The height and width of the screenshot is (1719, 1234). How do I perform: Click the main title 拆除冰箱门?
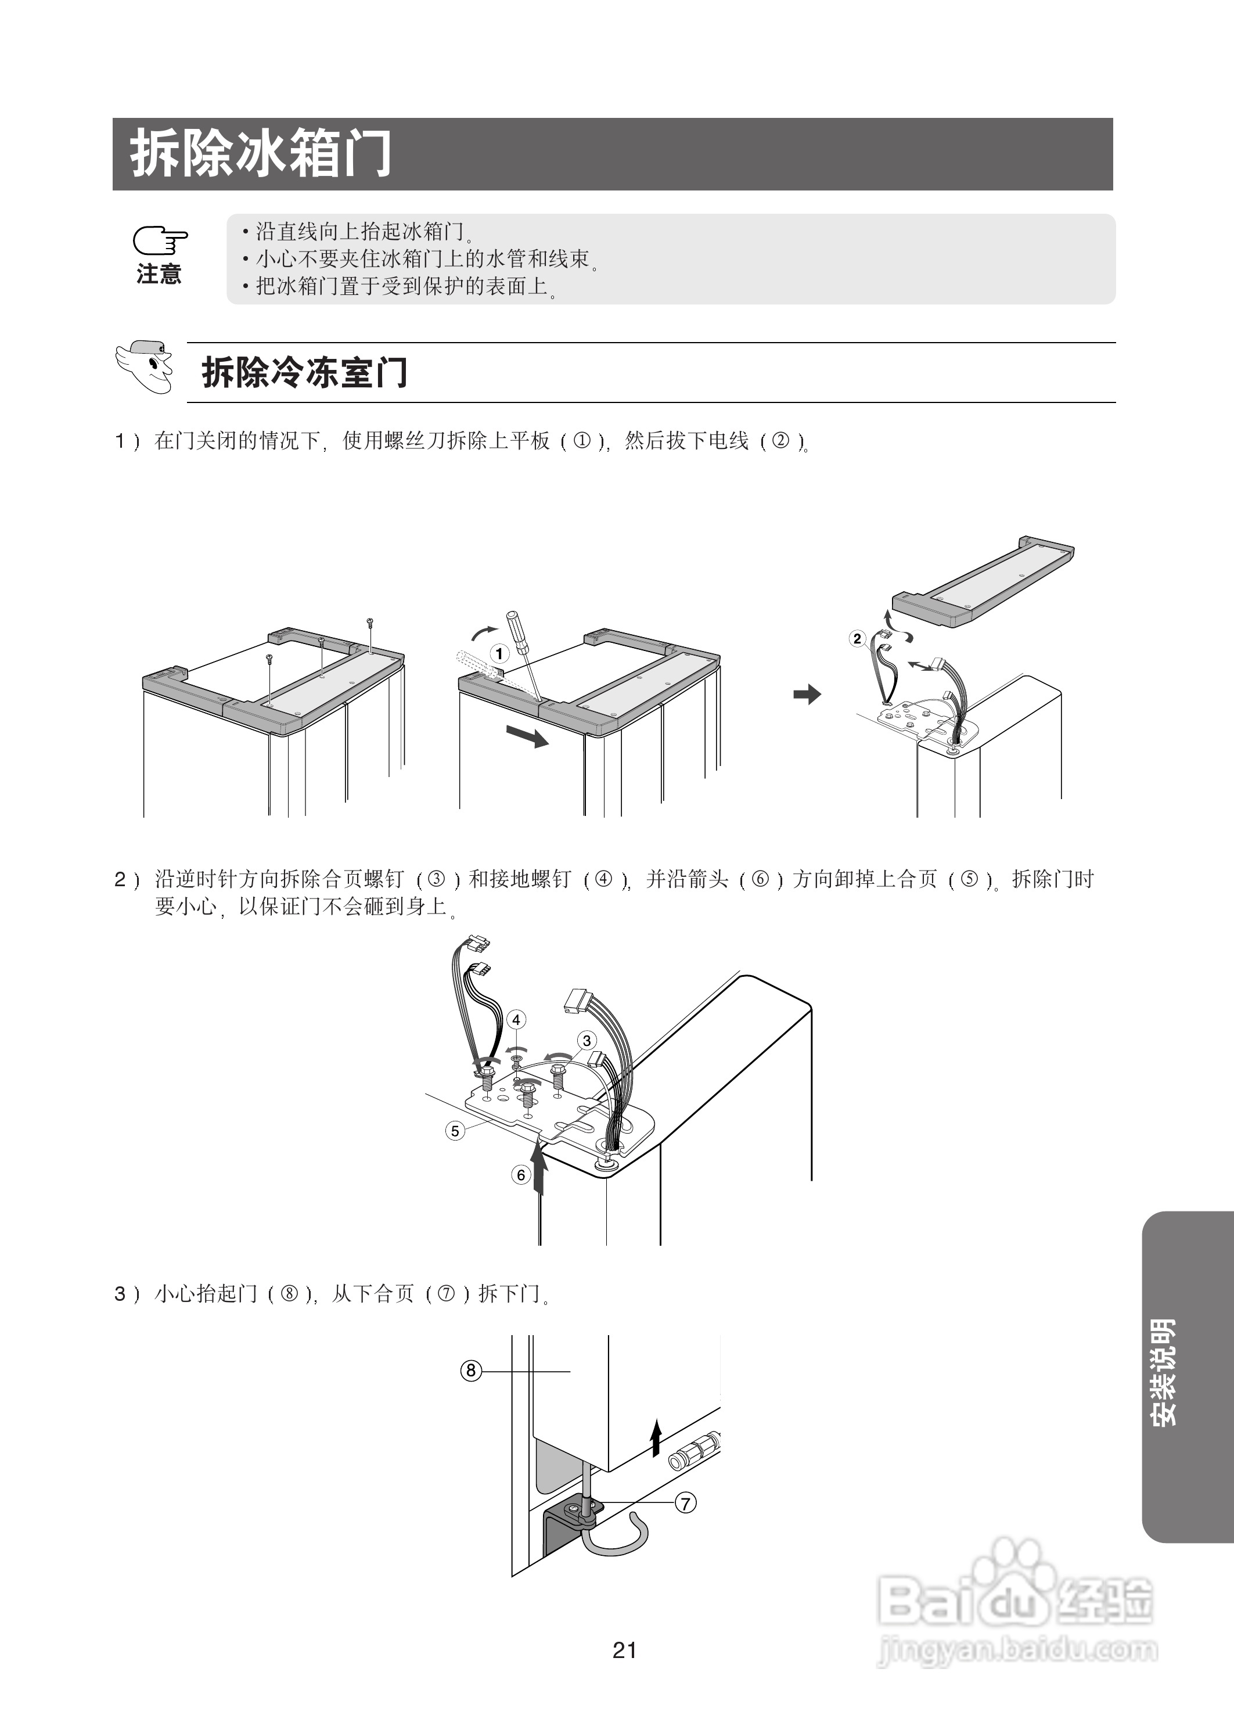[261, 154]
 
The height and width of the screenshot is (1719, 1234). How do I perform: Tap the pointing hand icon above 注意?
[160, 241]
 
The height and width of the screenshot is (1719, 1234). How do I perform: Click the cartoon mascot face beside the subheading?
[146, 368]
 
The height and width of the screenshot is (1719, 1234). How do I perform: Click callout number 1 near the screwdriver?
[499, 653]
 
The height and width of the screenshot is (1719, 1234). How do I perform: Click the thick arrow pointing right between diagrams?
[807, 694]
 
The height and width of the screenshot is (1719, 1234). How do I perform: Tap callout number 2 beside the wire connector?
[857, 638]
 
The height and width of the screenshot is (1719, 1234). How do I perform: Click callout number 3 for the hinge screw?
[586, 1041]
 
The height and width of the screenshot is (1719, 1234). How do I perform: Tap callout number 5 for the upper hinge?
[455, 1131]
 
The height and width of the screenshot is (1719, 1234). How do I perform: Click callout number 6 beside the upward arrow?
[521, 1175]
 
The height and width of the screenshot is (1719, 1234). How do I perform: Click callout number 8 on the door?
[471, 1371]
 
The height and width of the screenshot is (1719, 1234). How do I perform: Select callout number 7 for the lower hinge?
[685, 1503]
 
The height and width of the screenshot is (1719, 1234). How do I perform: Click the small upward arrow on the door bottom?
[656, 1437]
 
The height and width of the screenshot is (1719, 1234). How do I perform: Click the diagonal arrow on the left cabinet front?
[527, 735]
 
